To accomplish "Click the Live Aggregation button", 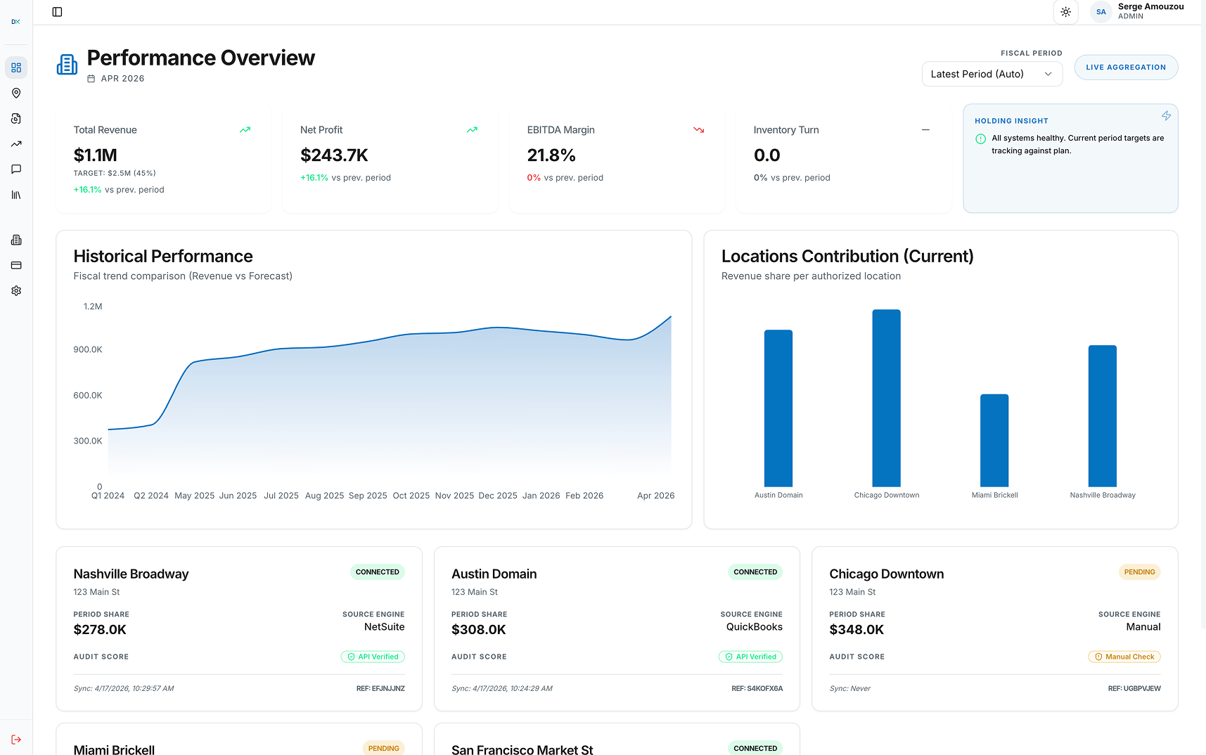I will pyautogui.click(x=1125, y=67).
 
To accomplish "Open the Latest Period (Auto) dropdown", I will pyautogui.click(x=992, y=74).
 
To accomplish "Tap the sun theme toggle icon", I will pyautogui.click(x=1065, y=12).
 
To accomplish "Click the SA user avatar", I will pyautogui.click(x=1101, y=12).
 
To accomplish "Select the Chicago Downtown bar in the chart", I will pyautogui.click(x=886, y=398).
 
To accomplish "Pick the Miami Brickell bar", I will pyautogui.click(x=994, y=440).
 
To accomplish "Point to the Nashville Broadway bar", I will pyautogui.click(x=1102, y=415).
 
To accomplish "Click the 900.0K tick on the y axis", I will pyautogui.click(x=88, y=349).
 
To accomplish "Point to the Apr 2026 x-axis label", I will pyautogui.click(x=655, y=496).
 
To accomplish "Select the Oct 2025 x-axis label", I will pyautogui.click(x=411, y=496).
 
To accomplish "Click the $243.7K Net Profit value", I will pyautogui.click(x=334, y=155).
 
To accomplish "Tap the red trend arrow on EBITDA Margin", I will pyautogui.click(x=698, y=130).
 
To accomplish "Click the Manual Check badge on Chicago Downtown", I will pyautogui.click(x=1124, y=657).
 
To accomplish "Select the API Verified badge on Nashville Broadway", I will pyautogui.click(x=373, y=657).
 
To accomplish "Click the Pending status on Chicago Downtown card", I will pyautogui.click(x=1139, y=572).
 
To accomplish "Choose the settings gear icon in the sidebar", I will pyautogui.click(x=16, y=291).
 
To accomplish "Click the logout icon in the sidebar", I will pyautogui.click(x=16, y=740).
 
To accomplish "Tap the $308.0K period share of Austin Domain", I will pyautogui.click(x=478, y=630).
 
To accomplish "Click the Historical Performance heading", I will pyautogui.click(x=163, y=257).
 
